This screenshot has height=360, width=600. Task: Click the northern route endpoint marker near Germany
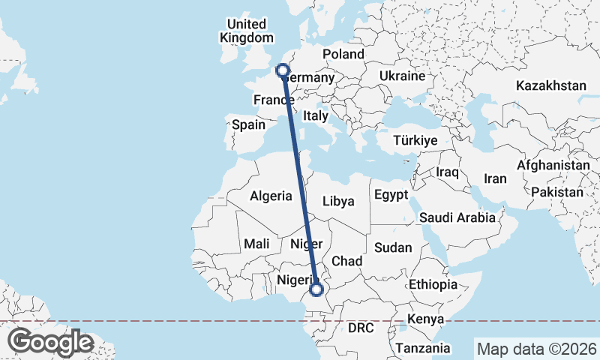(x=283, y=70)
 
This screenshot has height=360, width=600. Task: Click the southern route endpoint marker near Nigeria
(x=316, y=289)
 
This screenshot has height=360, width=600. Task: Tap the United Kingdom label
(x=247, y=31)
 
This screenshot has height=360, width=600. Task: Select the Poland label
(x=343, y=54)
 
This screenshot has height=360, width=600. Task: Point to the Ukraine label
(x=402, y=76)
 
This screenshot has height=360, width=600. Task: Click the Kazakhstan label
(x=550, y=85)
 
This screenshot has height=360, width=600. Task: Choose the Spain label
(x=248, y=125)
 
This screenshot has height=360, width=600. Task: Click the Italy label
(x=316, y=116)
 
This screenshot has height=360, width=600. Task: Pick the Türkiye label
(x=415, y=140)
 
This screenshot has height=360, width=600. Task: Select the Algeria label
(x=270, y=196)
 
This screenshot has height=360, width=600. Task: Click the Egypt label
(x=390, y=194)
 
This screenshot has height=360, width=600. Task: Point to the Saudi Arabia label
(x=457, y=217)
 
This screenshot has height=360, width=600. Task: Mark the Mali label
(x=256, y=244)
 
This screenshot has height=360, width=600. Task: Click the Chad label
(x=347, y=260)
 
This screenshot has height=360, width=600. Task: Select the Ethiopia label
(x=433, y=284)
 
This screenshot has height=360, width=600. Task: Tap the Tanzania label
(x=424, y=348)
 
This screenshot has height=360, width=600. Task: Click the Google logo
(x=50, y=342)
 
